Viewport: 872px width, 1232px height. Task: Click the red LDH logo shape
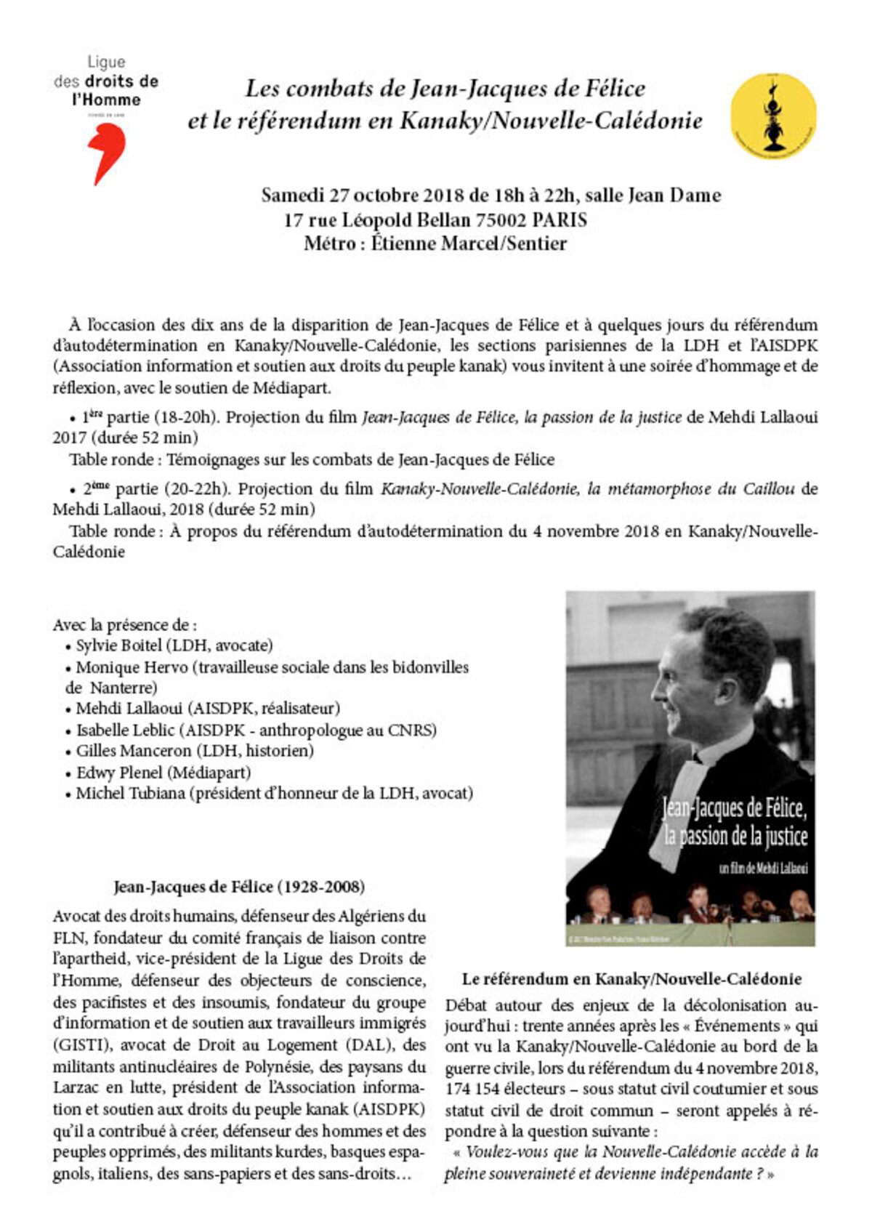coord(107,152)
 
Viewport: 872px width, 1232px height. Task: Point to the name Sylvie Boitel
coord(123,645)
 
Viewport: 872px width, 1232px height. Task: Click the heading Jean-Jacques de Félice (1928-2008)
coord(239,887)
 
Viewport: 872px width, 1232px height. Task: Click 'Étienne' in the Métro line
coord(399,243)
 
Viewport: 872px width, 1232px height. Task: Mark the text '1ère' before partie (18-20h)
coord(92,417)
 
